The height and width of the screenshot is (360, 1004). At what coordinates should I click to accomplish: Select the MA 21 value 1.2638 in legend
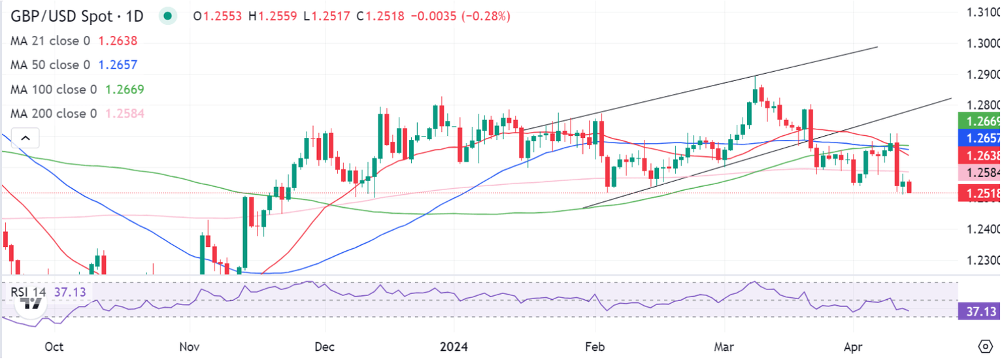[118, 41]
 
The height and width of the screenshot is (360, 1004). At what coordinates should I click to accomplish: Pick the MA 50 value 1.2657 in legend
[118, 65]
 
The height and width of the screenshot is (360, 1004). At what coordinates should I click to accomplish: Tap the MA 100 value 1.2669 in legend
[122, 90]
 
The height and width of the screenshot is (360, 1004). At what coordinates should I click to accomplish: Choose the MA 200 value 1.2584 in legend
[122, 114]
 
